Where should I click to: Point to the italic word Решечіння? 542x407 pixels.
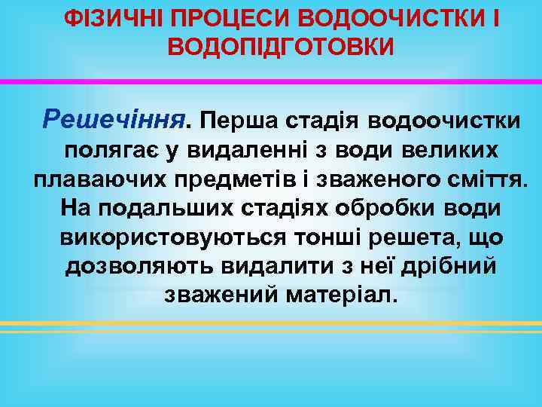114,118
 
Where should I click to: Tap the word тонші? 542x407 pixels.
328,237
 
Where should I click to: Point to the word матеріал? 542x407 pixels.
343,295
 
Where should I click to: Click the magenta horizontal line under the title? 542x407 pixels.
271,81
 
